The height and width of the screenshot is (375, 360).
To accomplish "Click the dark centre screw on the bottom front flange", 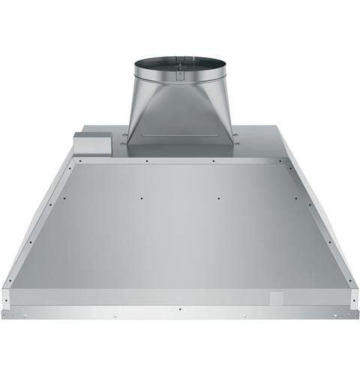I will [180, 307].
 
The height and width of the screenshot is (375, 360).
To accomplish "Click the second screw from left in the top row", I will [147, 160].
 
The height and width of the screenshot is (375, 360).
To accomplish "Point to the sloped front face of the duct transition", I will [179, 112].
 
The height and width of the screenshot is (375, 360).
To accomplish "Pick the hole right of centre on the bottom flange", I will [244, 315].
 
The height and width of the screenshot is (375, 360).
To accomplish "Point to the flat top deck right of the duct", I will [262, 139].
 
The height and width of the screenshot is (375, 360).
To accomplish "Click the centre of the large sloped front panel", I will [180, 225].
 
